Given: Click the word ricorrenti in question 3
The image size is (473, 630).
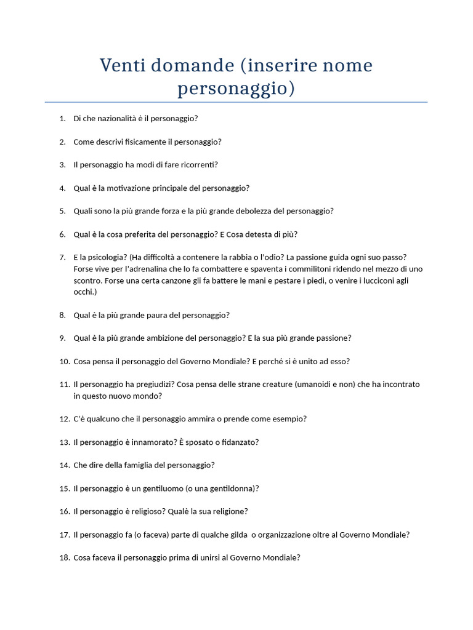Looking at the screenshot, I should pos(198,164).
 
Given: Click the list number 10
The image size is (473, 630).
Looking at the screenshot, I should pos(65,361).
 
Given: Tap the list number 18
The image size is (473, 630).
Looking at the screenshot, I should pos(65,558).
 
